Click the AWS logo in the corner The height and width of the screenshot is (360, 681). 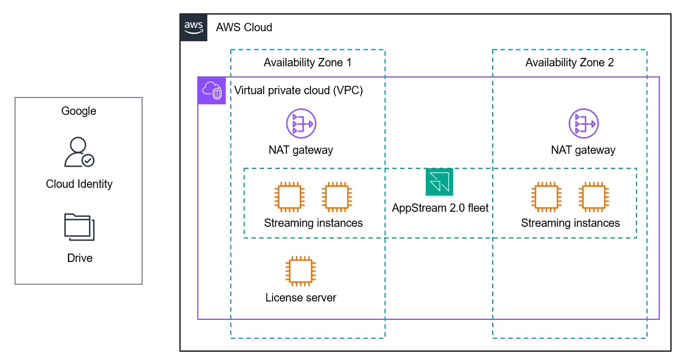(x=193, y=27)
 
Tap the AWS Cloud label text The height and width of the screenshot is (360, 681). (x=244, y=27)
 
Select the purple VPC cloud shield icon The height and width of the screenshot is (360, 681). (x=212, y=91)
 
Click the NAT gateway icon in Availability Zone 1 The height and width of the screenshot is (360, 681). (x=301, y=124)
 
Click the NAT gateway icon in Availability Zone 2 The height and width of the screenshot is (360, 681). (x=583, y=124)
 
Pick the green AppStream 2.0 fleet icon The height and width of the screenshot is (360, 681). (x=439, y=182)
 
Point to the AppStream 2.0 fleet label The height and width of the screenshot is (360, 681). (x=440, y=208)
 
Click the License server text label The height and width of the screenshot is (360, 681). (x=301, y=298)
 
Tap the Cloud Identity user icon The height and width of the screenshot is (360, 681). (x=79, y=152)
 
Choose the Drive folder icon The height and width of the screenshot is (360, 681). (x=79, y=227)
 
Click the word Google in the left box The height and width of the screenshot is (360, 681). (x=79, y=111)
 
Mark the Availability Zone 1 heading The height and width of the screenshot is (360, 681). (x=308, y=62)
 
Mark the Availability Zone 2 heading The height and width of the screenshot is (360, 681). (x=570, y=62)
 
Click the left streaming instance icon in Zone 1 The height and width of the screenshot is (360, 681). (x=289, y=197)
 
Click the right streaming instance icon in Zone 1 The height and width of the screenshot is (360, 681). (x=337, y=197)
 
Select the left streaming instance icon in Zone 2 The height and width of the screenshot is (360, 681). (x=546, y=197)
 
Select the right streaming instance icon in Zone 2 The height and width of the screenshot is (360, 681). (x=594, y=197)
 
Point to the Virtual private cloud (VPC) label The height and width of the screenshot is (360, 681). (x=299, y=90)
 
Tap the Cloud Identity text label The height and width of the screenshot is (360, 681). (x=79, y=184)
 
